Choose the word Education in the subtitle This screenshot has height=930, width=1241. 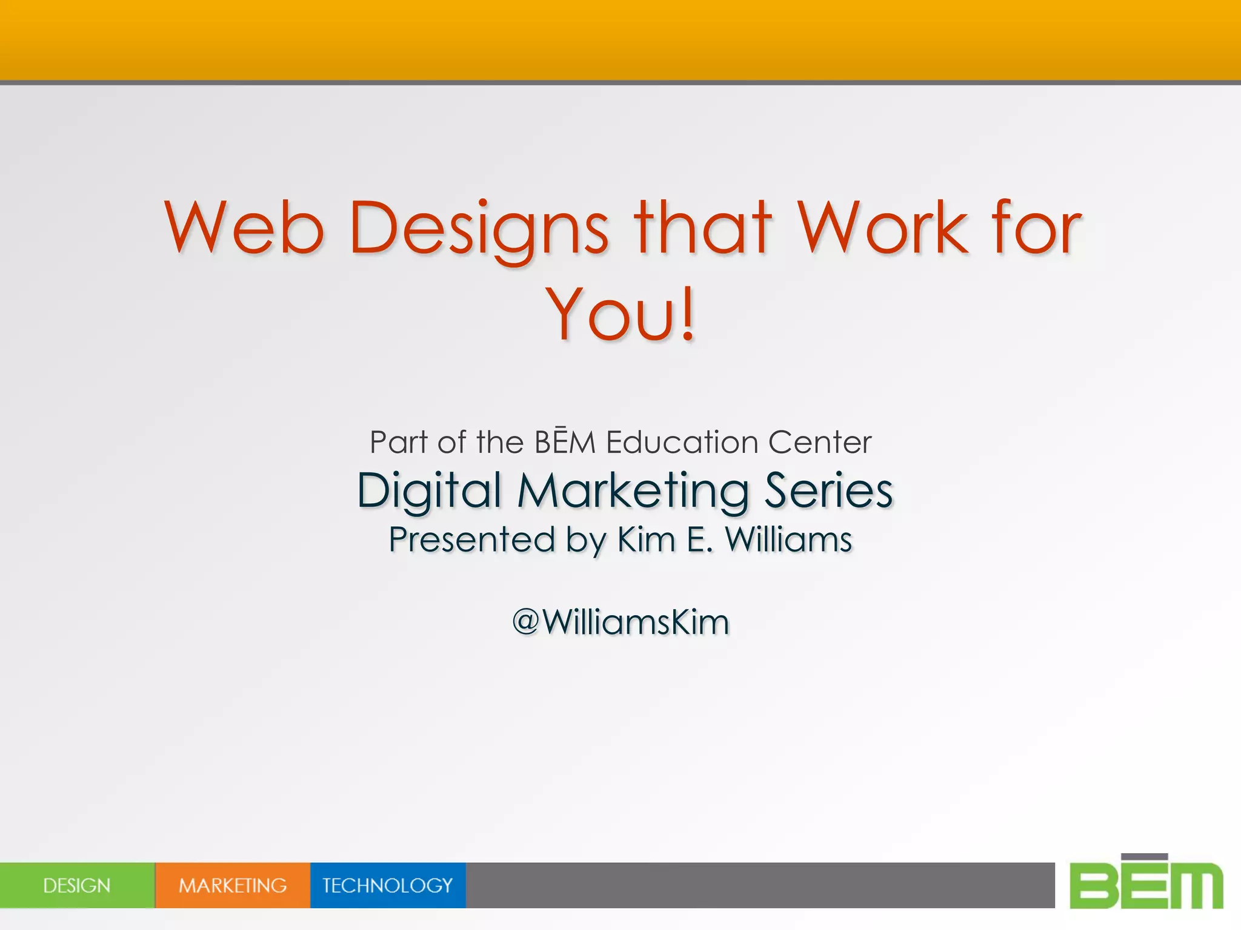click(682, 442)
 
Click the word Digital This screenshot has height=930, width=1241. click(429, 490)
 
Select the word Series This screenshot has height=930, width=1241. click(828, 490)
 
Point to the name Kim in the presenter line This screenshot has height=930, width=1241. click(646, 539)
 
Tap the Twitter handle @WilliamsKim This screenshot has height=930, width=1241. click(620, 622)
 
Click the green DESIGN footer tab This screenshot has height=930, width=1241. click(77, 885)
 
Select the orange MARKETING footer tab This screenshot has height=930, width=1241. click(233, 885)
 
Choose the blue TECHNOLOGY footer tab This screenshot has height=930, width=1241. click(388, 885)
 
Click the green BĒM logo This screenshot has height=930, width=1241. click(1146, 883)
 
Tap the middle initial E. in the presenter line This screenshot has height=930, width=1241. click(700, 539)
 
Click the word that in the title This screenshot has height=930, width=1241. click(703, 228)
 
